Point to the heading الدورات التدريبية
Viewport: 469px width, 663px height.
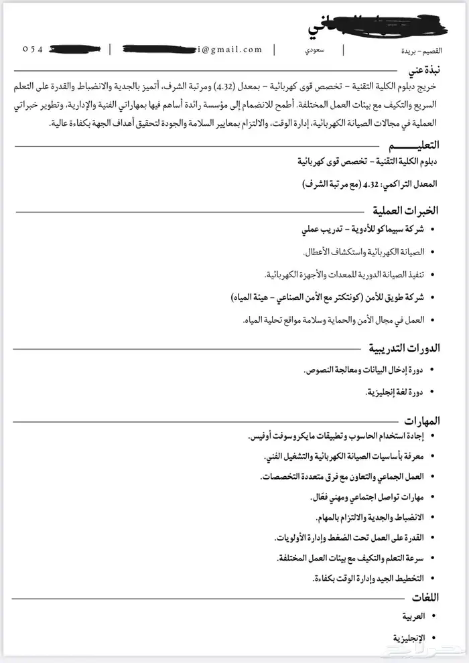403,348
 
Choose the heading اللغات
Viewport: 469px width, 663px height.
423,598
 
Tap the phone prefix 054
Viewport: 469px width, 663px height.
33,49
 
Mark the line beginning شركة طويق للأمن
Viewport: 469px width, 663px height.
328,297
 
